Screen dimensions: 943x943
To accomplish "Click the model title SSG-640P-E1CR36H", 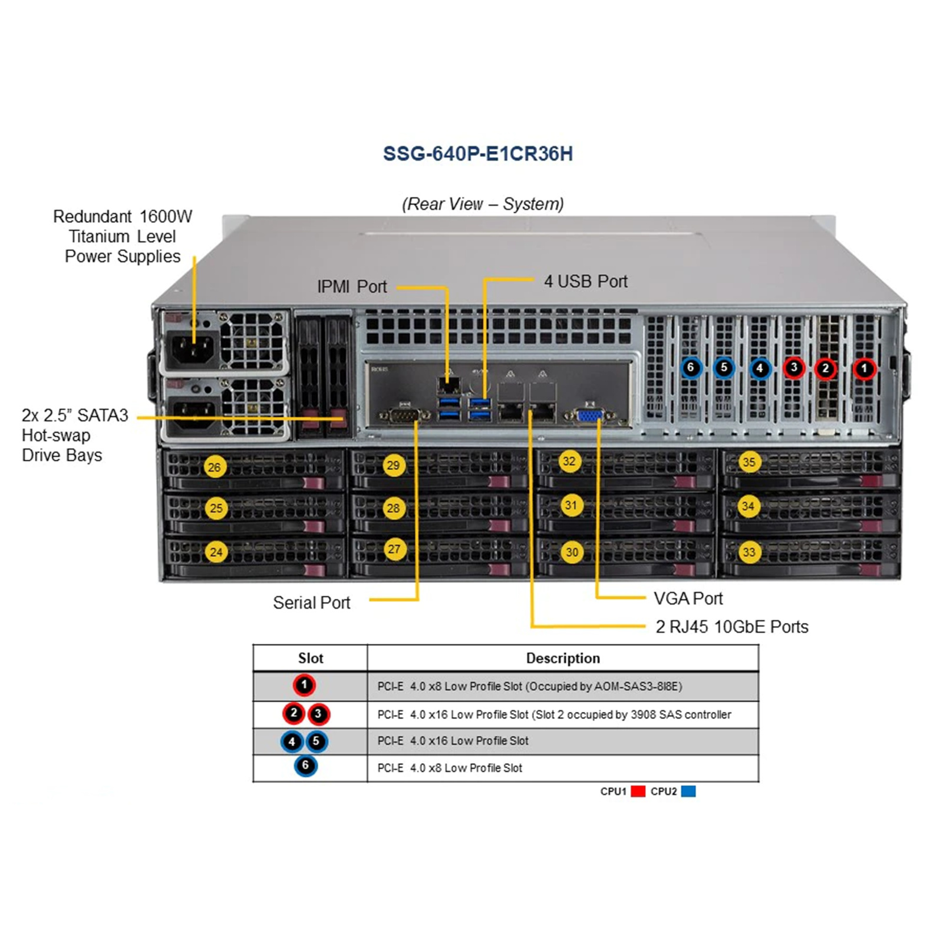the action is (x=478, y=154).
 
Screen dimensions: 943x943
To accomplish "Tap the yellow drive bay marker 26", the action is (x=214, y=467).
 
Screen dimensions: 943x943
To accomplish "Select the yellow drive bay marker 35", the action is (x=749, y=461).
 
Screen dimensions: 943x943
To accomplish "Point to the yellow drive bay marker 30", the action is (x=572, y=552).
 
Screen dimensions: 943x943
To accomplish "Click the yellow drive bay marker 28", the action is (x=393, y=508).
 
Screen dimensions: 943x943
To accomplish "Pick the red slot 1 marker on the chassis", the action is (x=864, y=369).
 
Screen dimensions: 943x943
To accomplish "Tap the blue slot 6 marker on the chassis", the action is (x=691, y=368).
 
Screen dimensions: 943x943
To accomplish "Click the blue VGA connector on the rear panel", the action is (x=591, y=416).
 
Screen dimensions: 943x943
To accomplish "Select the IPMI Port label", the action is (x=352, y=286).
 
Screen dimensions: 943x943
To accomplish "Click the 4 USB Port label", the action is (x=585, y=281).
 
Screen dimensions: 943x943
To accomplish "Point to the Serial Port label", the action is (x=311, y=602).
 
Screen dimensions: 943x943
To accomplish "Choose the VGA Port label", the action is (x=688, y=598).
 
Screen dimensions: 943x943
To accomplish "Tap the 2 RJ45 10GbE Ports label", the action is (x=732, y=627).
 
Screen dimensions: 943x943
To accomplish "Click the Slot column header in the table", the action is (x=311, y=658).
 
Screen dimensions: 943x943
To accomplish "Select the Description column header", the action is (x=563, y=658).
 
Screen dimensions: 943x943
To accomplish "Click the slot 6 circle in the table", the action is (x=305, y=766).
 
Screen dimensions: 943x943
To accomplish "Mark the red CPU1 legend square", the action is (x=638, y=791).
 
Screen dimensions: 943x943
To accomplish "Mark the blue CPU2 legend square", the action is (x=688, y=791).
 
